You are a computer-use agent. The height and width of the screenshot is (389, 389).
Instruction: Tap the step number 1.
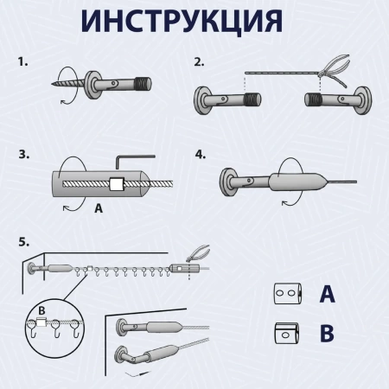23,63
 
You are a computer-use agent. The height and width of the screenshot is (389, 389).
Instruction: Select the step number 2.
200,62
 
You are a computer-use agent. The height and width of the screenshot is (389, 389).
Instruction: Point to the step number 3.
23,156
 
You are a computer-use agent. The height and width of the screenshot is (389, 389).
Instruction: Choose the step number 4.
201,156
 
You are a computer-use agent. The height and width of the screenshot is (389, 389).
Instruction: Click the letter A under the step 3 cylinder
98,207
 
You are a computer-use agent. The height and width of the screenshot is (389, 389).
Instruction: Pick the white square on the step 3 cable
118,184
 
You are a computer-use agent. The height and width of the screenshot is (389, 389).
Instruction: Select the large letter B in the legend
328,332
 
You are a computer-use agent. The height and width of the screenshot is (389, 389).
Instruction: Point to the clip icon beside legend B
284,332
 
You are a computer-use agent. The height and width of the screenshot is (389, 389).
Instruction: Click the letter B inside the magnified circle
41,313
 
